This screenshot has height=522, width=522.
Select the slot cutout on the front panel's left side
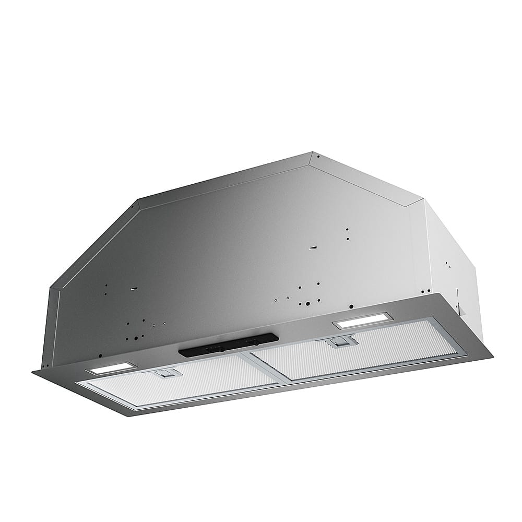coord(134,289)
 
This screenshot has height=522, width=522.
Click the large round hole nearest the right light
coord(352,306)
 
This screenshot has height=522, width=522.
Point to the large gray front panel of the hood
coord(235,261)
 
